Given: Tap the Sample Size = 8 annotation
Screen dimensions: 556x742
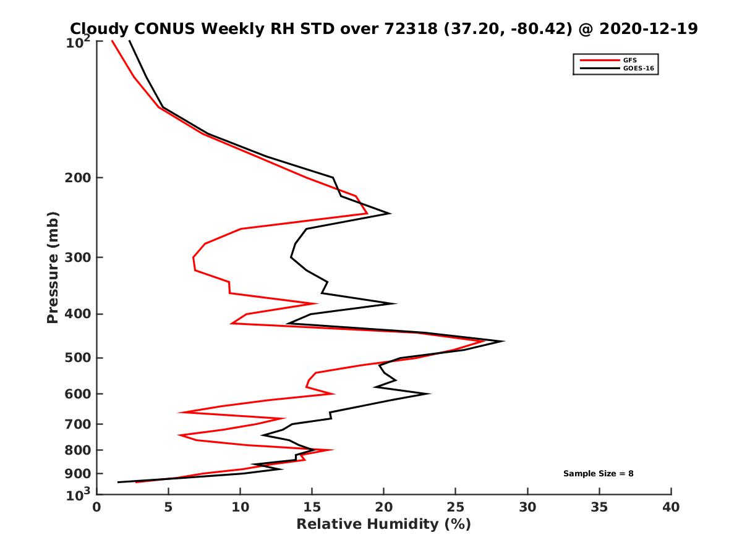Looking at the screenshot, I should [x=598, y=474].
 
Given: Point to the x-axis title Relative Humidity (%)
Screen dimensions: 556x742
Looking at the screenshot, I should [x=383, y=524].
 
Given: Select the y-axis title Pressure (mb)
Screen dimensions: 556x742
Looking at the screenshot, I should [x=53, y=267].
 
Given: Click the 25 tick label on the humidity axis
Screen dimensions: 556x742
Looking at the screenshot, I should [x=456, y=508].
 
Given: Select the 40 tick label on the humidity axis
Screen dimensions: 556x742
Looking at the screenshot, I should [x=671, y=508].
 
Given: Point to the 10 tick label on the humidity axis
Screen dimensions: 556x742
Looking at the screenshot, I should [x=241, y=508].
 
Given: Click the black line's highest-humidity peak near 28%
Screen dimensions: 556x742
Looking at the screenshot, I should [x=504, y=341].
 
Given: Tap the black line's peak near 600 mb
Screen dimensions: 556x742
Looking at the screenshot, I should [x=429, y=394].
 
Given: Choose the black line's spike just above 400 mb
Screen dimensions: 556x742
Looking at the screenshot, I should [x=395, y=303].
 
